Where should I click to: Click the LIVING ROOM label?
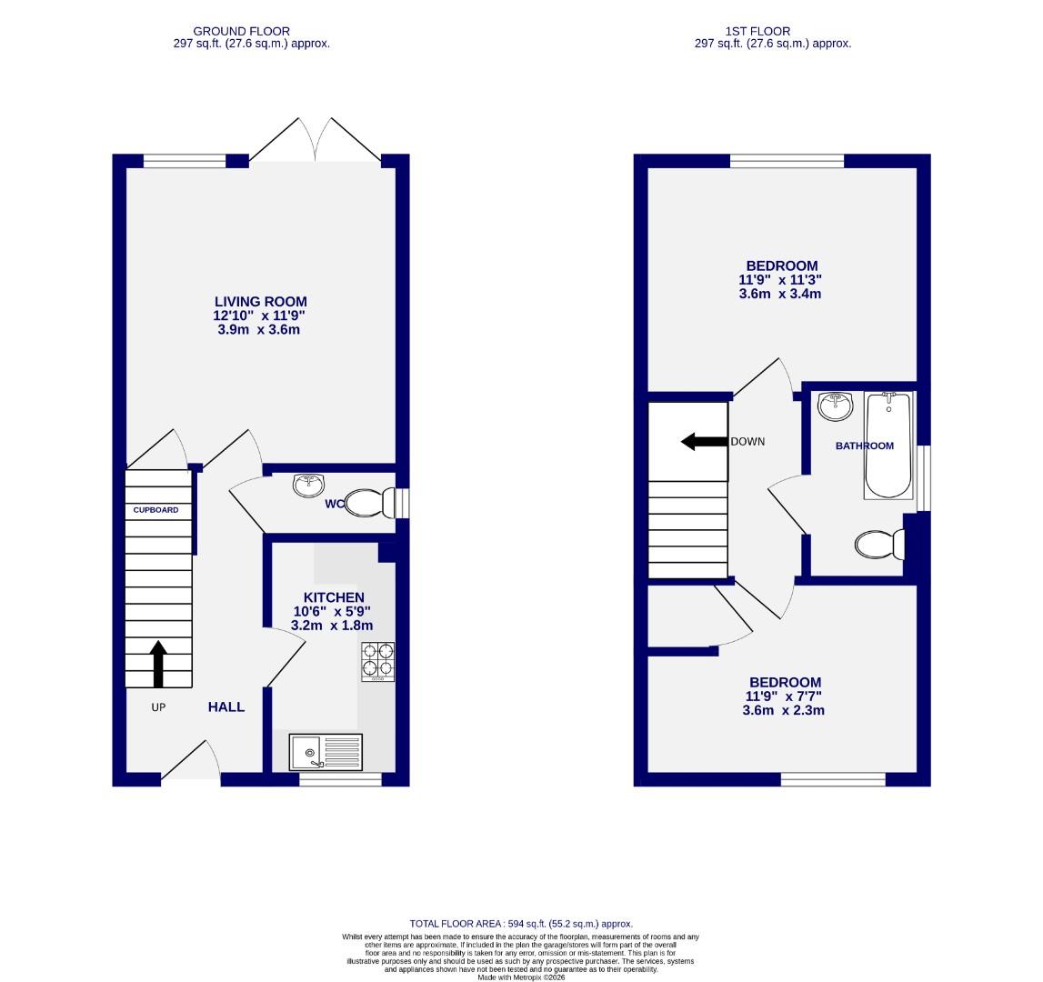point(260,302)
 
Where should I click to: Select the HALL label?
point(226,706)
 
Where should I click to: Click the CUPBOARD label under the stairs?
point(155,510)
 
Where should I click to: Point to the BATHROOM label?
point(865,446)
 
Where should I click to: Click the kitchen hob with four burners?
point(378,662)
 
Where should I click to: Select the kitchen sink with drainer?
point(326,752)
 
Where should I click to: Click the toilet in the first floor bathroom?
point(878,544)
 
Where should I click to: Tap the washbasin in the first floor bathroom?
point(835,406)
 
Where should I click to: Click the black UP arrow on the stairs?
point(158,664)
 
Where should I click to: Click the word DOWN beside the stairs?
point(747,442)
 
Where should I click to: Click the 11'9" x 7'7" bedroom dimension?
point(784,696)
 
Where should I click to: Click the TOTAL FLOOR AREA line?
point(521,923)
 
